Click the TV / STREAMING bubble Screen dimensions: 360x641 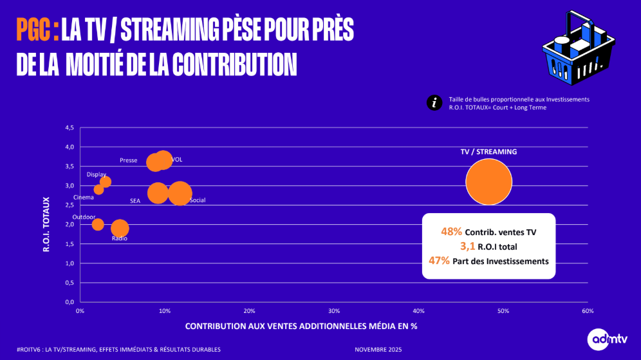pyautogui.click(x=488, y=182)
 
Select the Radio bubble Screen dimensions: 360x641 pyautogui.click(x=120, y=228)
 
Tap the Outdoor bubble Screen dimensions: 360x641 pyautogui.click(x=98, y=224)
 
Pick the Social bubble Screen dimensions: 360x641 pyautogui.click(x=180, y=193)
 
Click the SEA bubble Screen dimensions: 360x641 pyautogui.click(x=158, y=193)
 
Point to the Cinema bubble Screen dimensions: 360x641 pyautogui.click(x=98, y=189)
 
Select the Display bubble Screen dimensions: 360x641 pyautogui.click(x=106, y=182)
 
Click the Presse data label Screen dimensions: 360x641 pyautogui.click(x=128, y=160)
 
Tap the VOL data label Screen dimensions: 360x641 pyautogui.click(x=177, y=160)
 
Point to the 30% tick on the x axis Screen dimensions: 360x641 pyautogui.click(x=334, y=312)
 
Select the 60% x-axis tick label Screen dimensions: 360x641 pyautogui.click(x=588, y=312)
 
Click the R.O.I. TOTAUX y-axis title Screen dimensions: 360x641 pyautogui.click(x=46, y=223)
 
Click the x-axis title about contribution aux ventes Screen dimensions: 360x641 pyautogui.click(x=301, y=327)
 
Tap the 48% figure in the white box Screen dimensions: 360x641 pyautogui.click(x=451, y=231)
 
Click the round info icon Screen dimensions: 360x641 pyautogui.click(x=434, y=103)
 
